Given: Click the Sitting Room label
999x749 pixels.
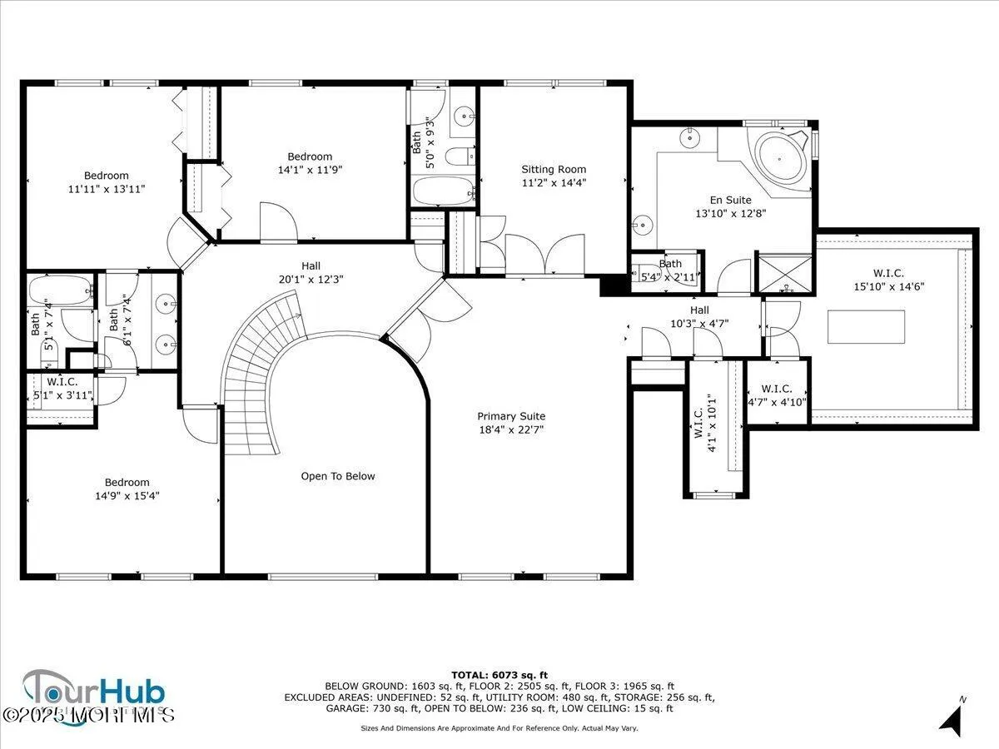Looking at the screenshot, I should (x=554, y=169).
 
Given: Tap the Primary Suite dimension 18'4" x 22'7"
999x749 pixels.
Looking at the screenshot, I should (x=511, y=429).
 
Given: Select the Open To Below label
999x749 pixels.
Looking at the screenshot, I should (x=337, y=476).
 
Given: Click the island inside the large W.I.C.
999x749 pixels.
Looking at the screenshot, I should (x=866, y=326).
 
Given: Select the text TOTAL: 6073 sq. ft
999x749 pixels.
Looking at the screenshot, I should (x=499, y=675).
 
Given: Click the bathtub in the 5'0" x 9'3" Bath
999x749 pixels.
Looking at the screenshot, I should (x=444, y=191).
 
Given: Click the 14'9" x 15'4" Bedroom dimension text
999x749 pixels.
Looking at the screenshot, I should (x=127, y=495).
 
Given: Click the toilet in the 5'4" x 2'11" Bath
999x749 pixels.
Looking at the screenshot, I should (x=644, y=275).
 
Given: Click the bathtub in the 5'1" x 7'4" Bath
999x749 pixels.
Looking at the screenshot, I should (x=59, y=290).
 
